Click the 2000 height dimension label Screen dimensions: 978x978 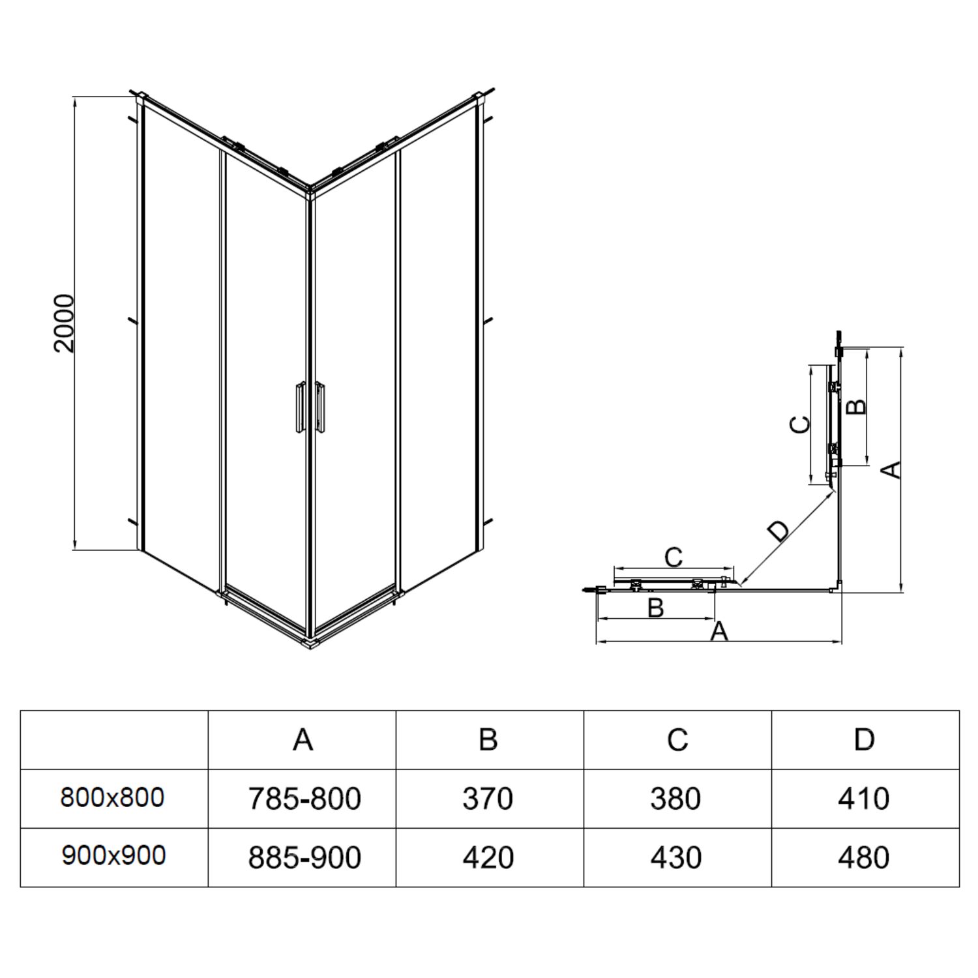point(65,323)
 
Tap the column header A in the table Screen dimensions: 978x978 point(303,740)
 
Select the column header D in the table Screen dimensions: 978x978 point(865,740)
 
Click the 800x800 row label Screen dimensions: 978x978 point(113,797)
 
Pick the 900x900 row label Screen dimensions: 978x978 point(113,855)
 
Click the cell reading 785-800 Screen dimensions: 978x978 point(304,799)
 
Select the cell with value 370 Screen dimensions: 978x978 point(488,799)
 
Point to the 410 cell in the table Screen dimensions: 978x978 point(864,799)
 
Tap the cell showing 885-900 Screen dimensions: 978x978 point(304,858)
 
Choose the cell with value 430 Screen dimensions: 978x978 point(676,858)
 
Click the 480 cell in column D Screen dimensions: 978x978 point(864,858)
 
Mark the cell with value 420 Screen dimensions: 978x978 point(488,858)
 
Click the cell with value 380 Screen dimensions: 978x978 point(675,799)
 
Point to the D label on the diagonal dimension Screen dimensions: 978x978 point(778,531)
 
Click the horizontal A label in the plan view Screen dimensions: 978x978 point(719,631)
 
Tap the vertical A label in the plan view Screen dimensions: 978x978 point(891,469)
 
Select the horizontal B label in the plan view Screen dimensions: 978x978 point(655,608)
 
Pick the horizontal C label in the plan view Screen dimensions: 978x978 point(673,557)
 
